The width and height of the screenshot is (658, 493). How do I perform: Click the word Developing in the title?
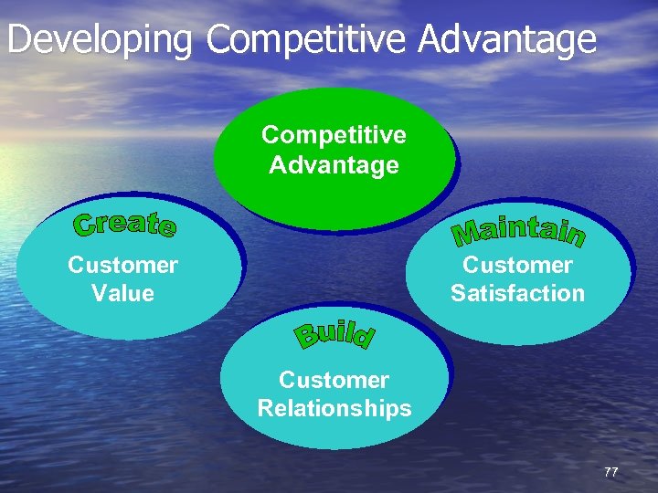[101, 41]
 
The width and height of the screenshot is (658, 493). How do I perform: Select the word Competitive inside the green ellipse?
[334, 135]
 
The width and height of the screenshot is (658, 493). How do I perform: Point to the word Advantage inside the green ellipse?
[334, 165]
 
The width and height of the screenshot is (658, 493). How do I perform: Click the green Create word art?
[125, 224]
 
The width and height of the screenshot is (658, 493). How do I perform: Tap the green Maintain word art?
[518, 230]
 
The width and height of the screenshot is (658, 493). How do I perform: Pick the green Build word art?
[334, 335]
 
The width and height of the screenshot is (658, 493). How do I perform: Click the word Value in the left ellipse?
[122, 294]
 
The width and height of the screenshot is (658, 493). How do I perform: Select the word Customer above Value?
[122, 266]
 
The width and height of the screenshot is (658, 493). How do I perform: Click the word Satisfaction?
[517, 294]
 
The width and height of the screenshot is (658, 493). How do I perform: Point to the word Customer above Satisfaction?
[517, 266]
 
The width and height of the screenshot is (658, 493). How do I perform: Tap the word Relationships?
[334, 408]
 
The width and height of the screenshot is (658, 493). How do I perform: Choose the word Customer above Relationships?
[334, 380]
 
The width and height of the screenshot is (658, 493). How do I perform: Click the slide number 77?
[610, 472]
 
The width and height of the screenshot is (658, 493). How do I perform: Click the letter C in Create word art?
[85, 224]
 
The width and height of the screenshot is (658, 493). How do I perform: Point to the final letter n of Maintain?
[573, 236]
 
